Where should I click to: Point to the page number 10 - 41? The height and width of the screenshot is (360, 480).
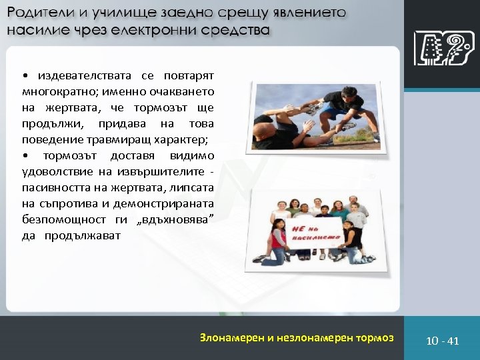443,341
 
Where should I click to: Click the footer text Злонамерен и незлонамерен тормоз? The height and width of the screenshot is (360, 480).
297,337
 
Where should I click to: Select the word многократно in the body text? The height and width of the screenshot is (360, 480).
55,91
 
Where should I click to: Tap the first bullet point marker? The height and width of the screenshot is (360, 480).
25,75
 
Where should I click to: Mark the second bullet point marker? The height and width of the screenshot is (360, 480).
25,155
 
